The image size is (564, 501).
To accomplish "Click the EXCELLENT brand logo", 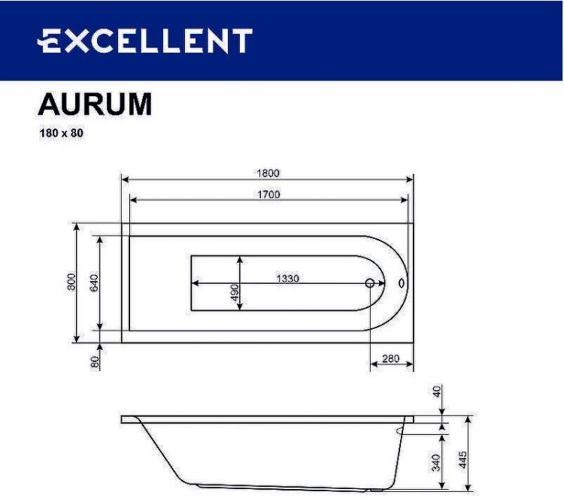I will pos(146,41).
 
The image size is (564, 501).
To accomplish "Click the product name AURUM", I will pos(95,105).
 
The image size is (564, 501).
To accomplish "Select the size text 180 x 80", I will pos(61,134).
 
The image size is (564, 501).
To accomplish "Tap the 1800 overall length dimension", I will pos(268,173).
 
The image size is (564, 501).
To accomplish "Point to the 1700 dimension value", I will pos(268,194).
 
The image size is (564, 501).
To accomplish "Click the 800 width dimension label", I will pos(71,282).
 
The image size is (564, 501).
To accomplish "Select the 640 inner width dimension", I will pos(95,282).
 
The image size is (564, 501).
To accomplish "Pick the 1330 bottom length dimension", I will pos(287,278).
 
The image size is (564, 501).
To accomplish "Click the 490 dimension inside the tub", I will pos(234,292).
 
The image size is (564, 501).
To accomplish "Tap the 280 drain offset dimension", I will pos(390,358).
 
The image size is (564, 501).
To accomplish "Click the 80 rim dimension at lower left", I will pos(96,361).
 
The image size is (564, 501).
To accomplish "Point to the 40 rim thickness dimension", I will pos(437,393).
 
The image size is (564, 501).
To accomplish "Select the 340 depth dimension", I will pos(436,463).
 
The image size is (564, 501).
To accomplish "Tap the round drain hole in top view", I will pos(370,284).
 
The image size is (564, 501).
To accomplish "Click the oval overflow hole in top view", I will pos(400,284).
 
